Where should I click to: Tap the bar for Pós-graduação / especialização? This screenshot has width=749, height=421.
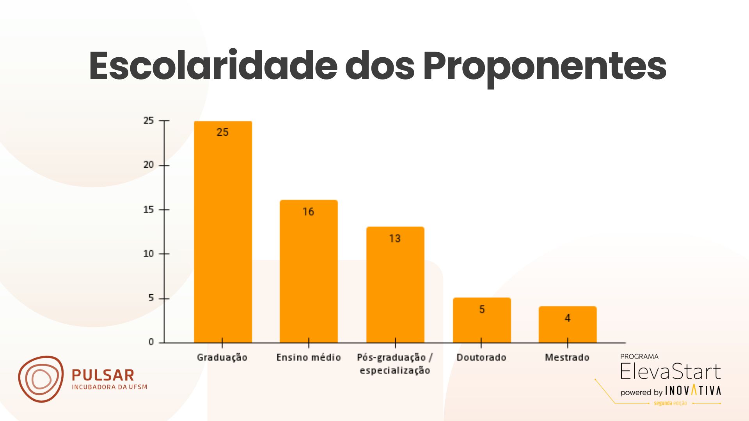[x=395, y=285]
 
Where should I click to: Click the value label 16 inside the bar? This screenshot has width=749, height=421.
[x=308, y=212]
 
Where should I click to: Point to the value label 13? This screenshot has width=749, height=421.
[x=395, y=239]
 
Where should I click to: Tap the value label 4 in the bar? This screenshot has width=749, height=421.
[x=568, y=318]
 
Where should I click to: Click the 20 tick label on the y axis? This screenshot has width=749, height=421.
[x=149, y=165]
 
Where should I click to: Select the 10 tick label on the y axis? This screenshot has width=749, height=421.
[x=149, y=254]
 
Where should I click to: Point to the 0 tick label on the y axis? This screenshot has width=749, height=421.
[x=151, y=342]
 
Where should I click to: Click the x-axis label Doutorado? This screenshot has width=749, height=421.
[x=481, y=357]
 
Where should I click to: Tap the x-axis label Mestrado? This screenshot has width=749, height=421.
[x=567, y=357]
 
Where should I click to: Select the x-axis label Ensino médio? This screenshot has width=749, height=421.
[x=309, y=357]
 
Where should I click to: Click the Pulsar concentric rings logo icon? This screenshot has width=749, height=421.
[x=41, y=379]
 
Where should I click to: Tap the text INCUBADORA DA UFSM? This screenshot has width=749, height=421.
[x=110, y=387]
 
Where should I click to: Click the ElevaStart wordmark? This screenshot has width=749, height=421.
[x=670, y=371]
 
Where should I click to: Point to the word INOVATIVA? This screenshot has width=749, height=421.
[x=693, y=391]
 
